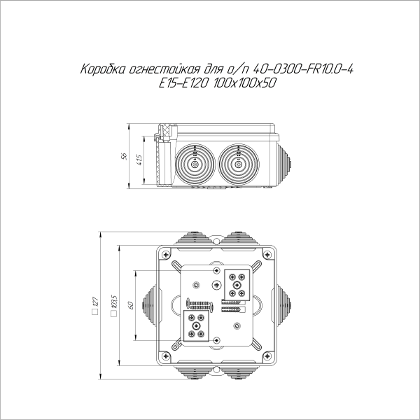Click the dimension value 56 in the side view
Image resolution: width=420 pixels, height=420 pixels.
tap(125, 156)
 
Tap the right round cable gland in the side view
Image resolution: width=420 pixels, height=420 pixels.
tap(237, 163)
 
